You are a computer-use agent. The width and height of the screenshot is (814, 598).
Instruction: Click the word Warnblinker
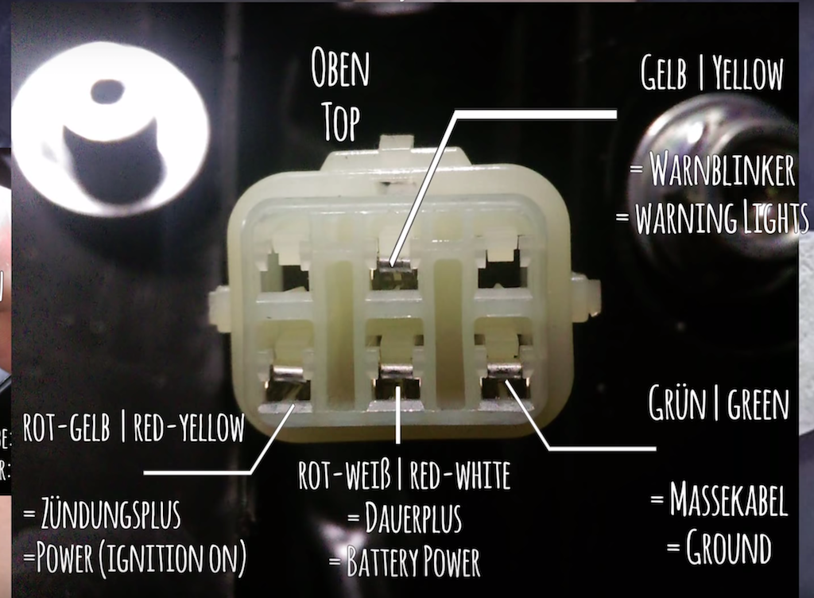point(722,169)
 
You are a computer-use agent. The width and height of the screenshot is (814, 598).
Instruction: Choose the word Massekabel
point(729,499)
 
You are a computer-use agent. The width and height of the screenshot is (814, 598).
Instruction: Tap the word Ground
point(728,547)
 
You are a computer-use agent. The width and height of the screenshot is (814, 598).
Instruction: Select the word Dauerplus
point(413,518)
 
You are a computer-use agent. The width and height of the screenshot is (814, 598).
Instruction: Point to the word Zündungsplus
point(111,514)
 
